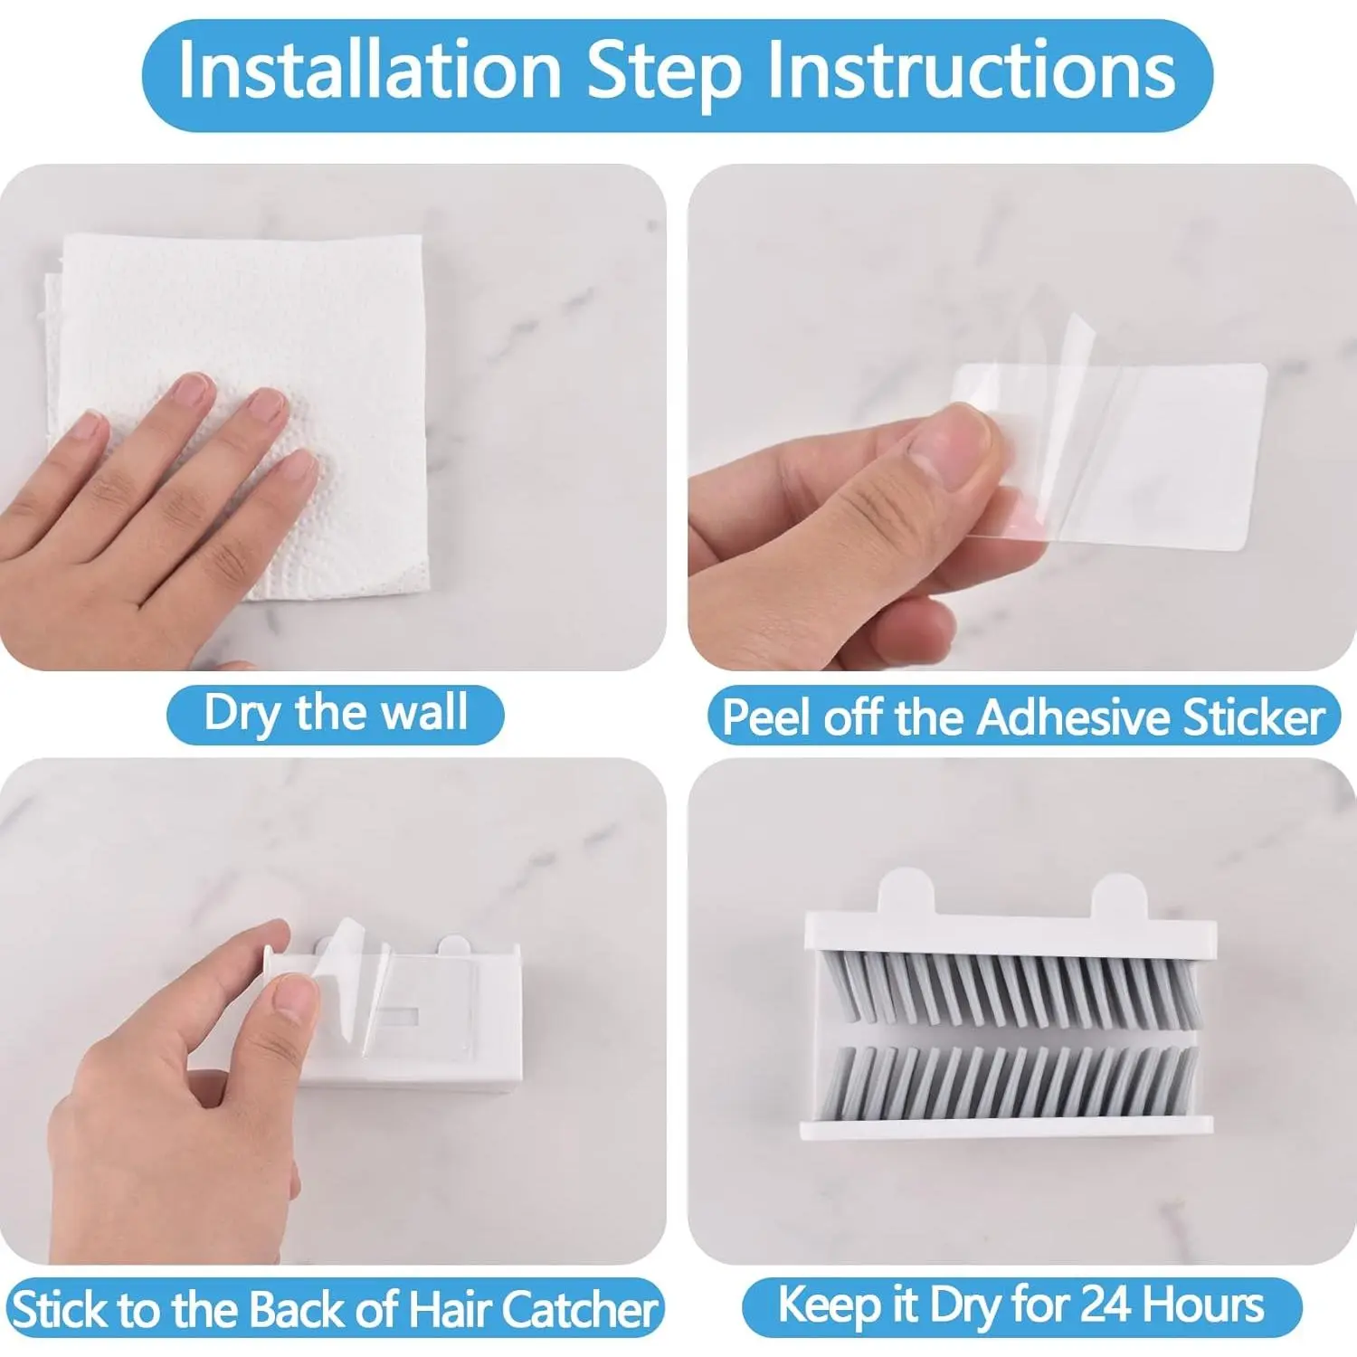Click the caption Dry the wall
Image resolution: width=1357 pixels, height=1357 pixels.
(x=336, y=714)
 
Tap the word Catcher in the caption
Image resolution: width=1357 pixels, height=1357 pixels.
(x=578, y=1310)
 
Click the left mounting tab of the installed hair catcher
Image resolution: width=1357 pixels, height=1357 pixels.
(x=906, y=891)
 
